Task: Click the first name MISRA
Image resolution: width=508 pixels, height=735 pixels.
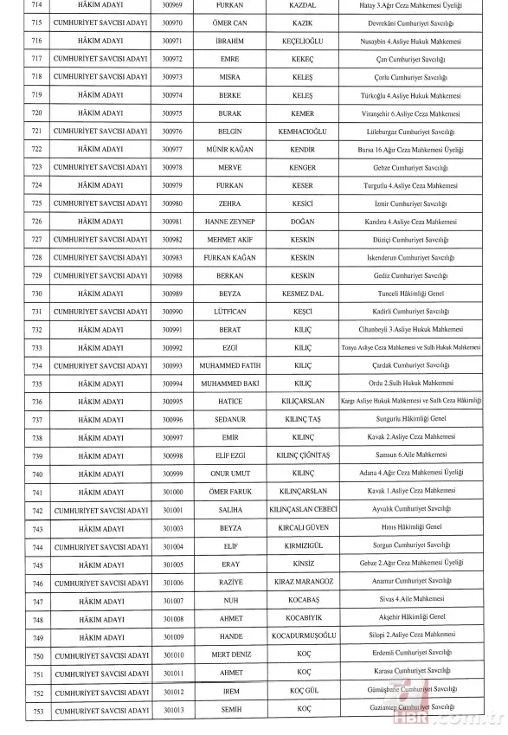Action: coord(227,76)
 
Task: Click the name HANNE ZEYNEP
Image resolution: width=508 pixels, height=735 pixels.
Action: coord(227,221)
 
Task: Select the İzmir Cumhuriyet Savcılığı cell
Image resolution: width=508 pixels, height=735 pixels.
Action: coord(410,203)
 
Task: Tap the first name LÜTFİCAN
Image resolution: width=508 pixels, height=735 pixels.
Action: coord(227,311)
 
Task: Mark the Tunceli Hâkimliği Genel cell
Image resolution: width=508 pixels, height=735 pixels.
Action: coord(410,293)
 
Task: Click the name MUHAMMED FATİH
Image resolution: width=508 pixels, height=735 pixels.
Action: coord(227,365)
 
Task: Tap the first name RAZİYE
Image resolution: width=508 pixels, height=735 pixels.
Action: coord(227,583)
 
